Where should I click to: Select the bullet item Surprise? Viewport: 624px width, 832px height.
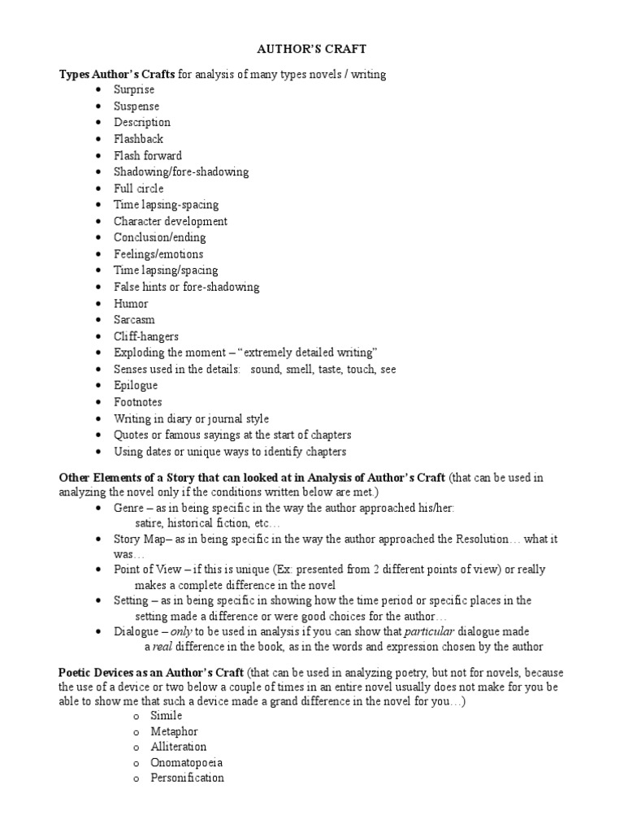click(x=134, y=90)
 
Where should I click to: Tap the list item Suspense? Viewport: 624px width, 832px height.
click(x=136, y=106)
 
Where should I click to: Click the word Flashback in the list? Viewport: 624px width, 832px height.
click(x=138, y=139)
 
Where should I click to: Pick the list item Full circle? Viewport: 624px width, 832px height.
click(x=139, y=188)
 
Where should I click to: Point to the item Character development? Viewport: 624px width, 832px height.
click(x=171, y=221)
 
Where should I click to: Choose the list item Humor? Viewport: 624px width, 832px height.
click(x=131, y=304)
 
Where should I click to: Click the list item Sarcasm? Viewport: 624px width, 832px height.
click(x=134, y=320)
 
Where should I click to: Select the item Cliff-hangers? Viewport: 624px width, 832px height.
click(x=146, y=336)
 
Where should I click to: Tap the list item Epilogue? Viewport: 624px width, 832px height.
click(x=136, y=386)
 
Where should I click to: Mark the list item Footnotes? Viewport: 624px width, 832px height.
click(x=138, y=402)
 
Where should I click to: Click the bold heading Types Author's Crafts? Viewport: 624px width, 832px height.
click(x=117, y=74)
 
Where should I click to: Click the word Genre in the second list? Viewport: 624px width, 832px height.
click(x=129, y=508)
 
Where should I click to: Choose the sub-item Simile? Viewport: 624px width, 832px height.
click(x=167, y=716)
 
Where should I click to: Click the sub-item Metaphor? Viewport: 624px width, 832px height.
click(x=174, y=731)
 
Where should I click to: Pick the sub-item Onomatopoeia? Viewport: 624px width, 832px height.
click(x=187, y=763)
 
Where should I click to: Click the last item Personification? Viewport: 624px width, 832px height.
click(x=187, y=778)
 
